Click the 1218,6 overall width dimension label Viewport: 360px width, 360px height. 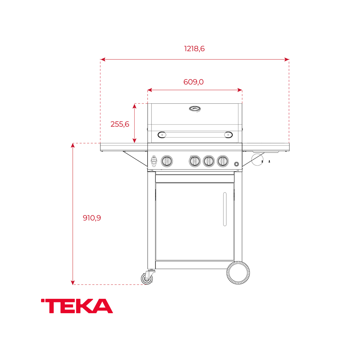pyautogui.click(x=194, y=49)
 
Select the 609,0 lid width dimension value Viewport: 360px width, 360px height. pyautogui.click(x=194, y=82)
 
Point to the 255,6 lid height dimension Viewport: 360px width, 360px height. pyautogui.click(x=120, y=124)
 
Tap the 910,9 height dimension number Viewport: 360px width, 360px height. pyautogui.click(x=92, y=218)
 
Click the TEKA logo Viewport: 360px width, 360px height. pyautogui.click(x=77, y=306)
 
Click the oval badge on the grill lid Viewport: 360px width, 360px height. pyautogui.click(x=195, y=108)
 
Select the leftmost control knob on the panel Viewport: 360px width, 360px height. pyautogui.click(x=166, y=161)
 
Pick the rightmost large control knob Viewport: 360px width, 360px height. pyautogui.click(x=222, y=161)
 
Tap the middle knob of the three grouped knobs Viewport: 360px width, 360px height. pyautogui.click(x=208, y=161)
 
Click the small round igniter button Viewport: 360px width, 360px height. pyautogui.click(x=237, y=164)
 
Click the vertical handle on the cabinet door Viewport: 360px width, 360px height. pyautogui.click(x=225, y=209)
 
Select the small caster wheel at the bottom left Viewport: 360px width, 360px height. pyautogui.click(x=147, y=278)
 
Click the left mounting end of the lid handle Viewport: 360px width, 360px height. pyautogui.click(x=162, y=135)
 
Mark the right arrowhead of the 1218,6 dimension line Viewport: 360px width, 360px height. pyautogui.click(x=287, y=59)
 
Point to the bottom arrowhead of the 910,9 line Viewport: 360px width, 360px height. pyautogui.click(x=73, y=282)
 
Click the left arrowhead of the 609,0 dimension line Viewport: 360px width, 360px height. pyautogui.click(x=149, y=90)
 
